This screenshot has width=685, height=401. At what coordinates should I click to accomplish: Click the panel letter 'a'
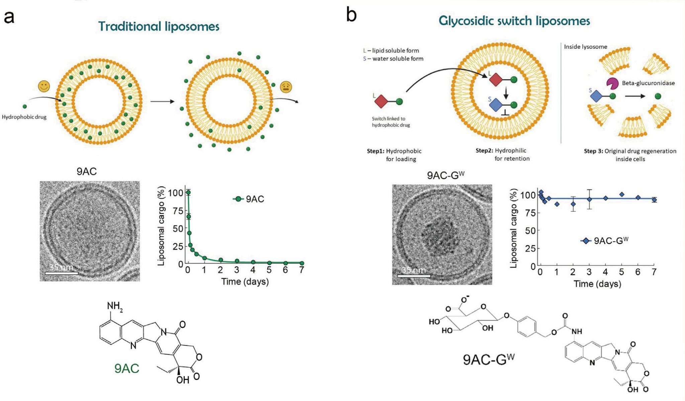pos(9,17)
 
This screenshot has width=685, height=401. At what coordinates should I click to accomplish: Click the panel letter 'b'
pos(351,15)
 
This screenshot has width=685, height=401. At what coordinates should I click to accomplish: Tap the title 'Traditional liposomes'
pos(159,26)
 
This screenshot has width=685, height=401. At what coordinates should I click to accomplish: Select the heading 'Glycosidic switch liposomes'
pos(514,21)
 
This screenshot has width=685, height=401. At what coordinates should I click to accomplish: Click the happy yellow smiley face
pos(44,86)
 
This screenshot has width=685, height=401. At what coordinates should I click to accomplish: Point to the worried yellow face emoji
pos(286,87)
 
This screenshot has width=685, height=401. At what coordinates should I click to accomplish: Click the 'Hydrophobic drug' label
pos(24,117)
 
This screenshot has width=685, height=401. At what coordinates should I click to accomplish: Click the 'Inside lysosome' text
pos(585,47)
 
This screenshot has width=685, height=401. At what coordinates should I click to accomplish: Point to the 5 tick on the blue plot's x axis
pos(621,272)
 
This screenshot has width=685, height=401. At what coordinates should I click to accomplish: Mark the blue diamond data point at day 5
pos(622,194)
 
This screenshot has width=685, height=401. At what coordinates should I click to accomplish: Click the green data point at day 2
pos(221,260)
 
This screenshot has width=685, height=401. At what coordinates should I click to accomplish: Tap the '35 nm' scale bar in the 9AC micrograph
pos(61,270)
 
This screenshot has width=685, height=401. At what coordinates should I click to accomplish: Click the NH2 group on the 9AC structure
pos(114,306)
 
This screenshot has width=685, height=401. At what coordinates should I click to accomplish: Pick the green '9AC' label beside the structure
pos(126,369)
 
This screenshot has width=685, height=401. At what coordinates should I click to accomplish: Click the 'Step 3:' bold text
pos(593,151)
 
